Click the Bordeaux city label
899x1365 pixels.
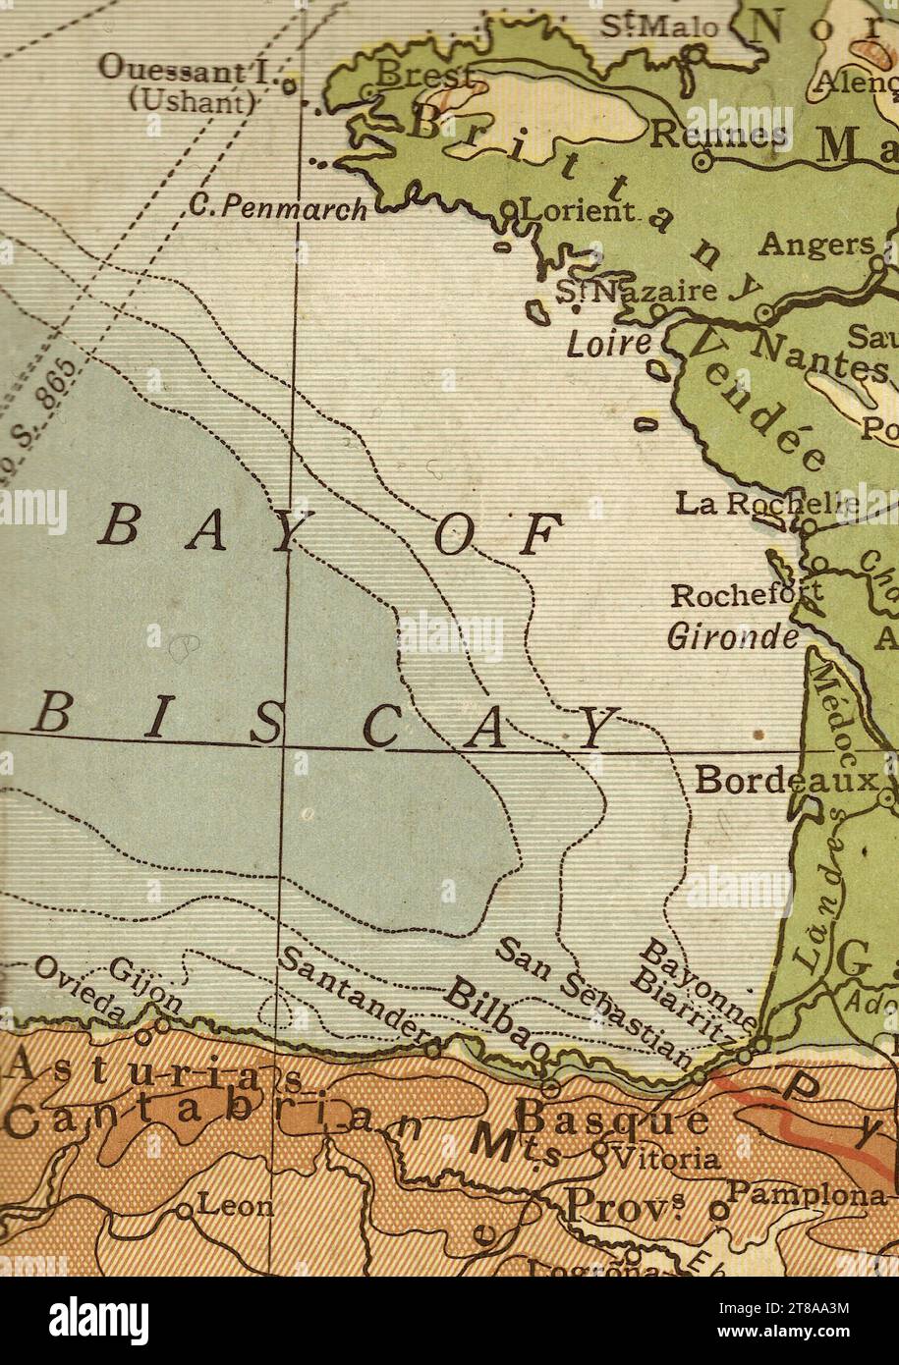click(x=784, y=781)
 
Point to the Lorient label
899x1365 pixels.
click(x=576, y=210)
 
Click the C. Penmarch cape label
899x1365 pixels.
click(x=278, y=207)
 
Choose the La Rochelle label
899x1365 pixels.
click(x=766, y=503)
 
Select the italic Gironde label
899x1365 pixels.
click(x=733, y=637)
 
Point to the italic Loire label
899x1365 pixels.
click(x=609, y=344)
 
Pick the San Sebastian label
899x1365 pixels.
click(x=592, y=1002)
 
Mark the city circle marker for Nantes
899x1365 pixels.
click(x=763, y=315)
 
